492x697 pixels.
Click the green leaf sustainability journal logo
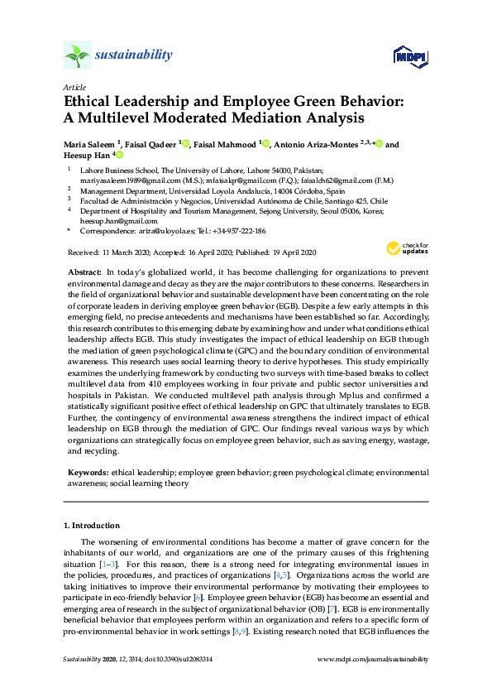pos(77,55)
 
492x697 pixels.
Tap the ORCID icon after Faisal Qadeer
pos(186,145)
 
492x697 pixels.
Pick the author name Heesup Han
pos(86,156)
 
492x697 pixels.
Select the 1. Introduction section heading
pos(91,525)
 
